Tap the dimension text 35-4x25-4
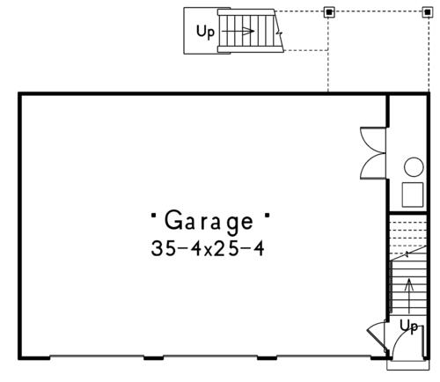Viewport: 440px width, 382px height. tap(208, 248)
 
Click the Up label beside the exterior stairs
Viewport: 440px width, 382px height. tap(205, 32)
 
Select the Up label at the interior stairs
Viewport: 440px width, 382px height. tap(408, 326)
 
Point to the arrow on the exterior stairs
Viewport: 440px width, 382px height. tap(238, 31)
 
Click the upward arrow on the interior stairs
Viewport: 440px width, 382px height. tap(409, 296)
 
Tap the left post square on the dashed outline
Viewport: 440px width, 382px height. tap(329, 12)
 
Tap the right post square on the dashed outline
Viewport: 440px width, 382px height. tap(428, 12)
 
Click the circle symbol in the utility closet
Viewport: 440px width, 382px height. tap(414, 167)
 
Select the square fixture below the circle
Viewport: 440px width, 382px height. tap(413, 195)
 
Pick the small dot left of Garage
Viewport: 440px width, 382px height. tap(153, 215)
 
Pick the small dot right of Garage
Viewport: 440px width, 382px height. tap(267, 215)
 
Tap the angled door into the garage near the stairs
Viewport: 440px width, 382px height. tap(377, 340)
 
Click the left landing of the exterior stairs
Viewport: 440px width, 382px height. tap(201, 31)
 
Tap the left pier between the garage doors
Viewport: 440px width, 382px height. tap(153, 357)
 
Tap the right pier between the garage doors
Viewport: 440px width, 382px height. tap(267, 357)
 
